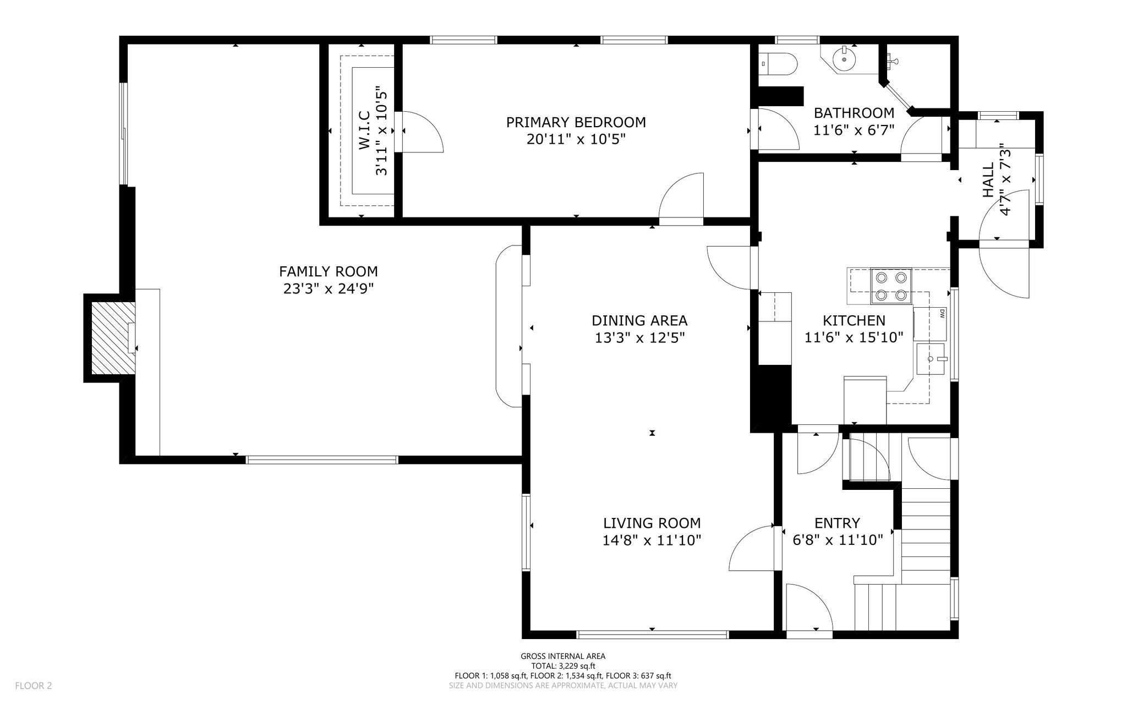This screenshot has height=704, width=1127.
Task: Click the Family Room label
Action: click(329, 271)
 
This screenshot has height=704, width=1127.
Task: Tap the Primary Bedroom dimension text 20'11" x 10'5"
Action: click(576, 139)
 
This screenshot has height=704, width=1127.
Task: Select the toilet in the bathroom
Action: click(778, 63)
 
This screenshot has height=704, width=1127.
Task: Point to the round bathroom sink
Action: click(843, 58)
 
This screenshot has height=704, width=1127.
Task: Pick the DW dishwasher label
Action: click(942, 314)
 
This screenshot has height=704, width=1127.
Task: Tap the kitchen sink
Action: click(931, 358)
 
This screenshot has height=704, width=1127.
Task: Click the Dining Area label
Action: click(639, 320)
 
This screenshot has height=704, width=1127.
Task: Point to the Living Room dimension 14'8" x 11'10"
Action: click(652, 541)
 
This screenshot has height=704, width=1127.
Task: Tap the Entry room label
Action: click(838, 523)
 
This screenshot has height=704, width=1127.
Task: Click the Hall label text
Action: click(988, 179)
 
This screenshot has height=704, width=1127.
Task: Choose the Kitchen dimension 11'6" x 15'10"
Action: click(854, 337)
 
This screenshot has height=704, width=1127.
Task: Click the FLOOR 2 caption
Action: click(34, 686)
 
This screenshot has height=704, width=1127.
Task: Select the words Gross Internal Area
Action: click(563, 656)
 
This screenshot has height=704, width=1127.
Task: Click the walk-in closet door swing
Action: click(423, 132)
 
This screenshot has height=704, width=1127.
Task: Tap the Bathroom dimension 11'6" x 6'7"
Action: click(854, 130)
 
